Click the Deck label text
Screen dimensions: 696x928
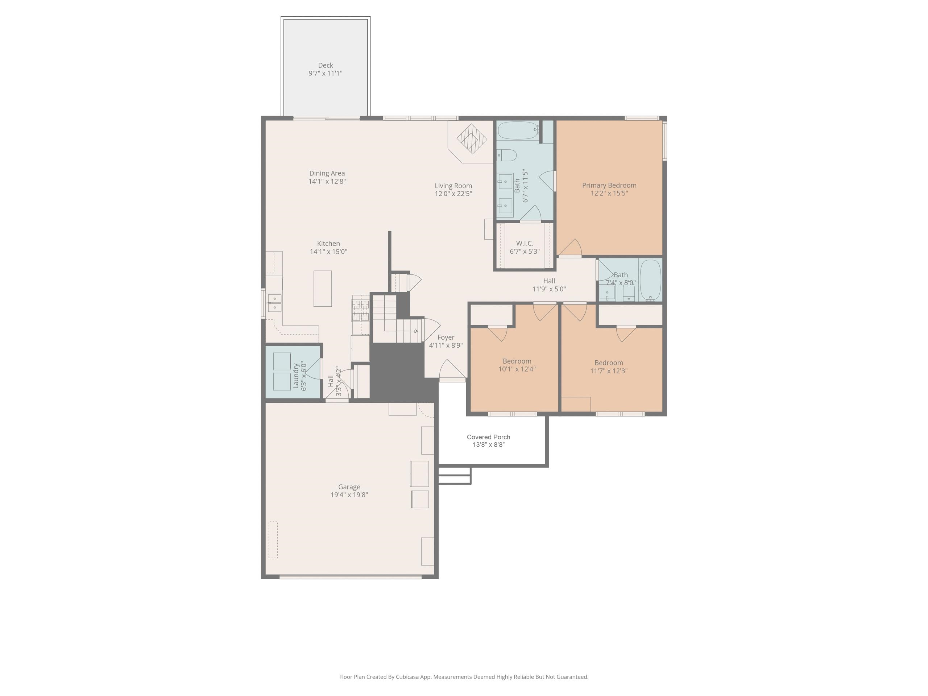click(x=325, y=66)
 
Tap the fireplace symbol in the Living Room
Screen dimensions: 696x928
click(x=472, y=139)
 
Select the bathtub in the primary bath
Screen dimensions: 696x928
click(x=518, y=130)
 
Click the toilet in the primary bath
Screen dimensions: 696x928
click(x=507, y=156)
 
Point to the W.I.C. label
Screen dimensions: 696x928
click(x=525, y=243)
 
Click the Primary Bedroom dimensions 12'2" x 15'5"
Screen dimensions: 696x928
click(x=609, y=194)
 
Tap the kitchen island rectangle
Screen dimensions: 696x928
click(x=322, y=289)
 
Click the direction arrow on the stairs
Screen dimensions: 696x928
click(x=415, y=331)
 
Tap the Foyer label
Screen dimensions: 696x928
click(x=446, y=337)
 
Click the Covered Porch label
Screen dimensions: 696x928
click(x=488, y=437)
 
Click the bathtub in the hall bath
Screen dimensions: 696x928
click(x=650, y=280)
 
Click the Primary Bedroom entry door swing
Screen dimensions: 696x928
click(x=571, y=248)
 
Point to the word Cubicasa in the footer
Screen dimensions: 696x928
click(x=407, y=677)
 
